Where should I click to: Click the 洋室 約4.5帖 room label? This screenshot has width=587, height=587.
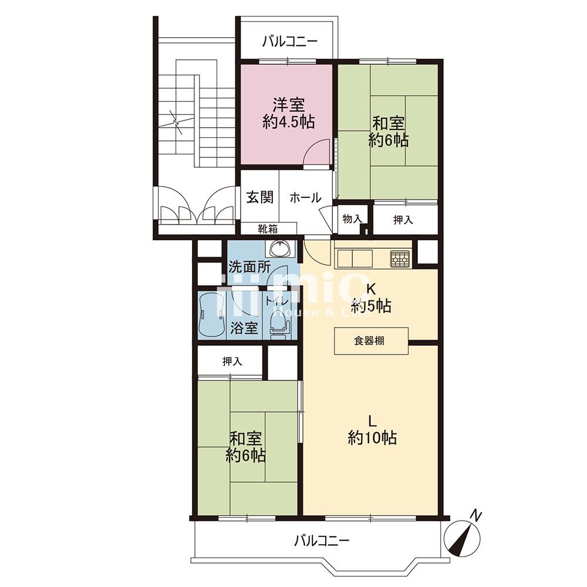288,113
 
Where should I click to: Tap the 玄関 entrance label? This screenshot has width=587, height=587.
259,197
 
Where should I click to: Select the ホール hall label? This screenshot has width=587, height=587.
305,197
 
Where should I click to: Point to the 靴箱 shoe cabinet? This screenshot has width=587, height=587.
268,228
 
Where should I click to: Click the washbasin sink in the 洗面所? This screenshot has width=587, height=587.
279,248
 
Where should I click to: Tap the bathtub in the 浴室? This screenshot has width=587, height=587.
211,315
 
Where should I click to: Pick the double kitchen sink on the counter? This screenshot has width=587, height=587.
355,259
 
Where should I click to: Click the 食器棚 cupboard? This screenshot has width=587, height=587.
371,340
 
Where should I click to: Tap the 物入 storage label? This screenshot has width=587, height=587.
352,218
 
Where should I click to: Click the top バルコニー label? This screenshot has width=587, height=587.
290,41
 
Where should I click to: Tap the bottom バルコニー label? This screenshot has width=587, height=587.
322,541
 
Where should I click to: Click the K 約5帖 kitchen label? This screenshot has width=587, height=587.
371,298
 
